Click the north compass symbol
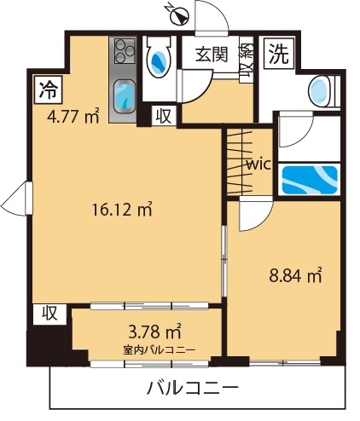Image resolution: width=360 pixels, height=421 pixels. pos(178,16)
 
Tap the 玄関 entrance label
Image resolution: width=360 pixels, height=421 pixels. pos(212,54)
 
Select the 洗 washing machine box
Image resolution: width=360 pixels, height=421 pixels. pos(278,54)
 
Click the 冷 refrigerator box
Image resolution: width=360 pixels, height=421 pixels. pos(49,89)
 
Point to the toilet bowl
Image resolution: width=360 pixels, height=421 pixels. pos(159,57)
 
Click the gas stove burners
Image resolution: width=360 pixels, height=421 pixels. pos(125,51)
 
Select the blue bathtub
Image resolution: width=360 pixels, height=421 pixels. pos(310,179)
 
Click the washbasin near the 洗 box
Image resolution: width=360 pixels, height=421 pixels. pos(321,91)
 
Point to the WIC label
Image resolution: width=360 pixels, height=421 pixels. pos(258,164)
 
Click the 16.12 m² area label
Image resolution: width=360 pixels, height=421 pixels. pos(122,210)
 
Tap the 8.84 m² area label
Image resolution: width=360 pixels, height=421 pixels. pos(295,275)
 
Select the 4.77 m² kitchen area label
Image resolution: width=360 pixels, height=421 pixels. pos(73,116)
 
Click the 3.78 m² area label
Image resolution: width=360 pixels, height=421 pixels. pos(154,332)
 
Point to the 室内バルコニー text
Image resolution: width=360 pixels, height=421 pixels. pos(160,350)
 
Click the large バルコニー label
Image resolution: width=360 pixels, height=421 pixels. pos(192,388)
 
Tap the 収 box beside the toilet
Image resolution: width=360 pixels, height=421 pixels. pos(164,116)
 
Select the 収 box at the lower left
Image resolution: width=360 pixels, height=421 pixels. pos(50,314)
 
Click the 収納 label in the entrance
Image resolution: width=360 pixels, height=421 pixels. pos(246,60)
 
